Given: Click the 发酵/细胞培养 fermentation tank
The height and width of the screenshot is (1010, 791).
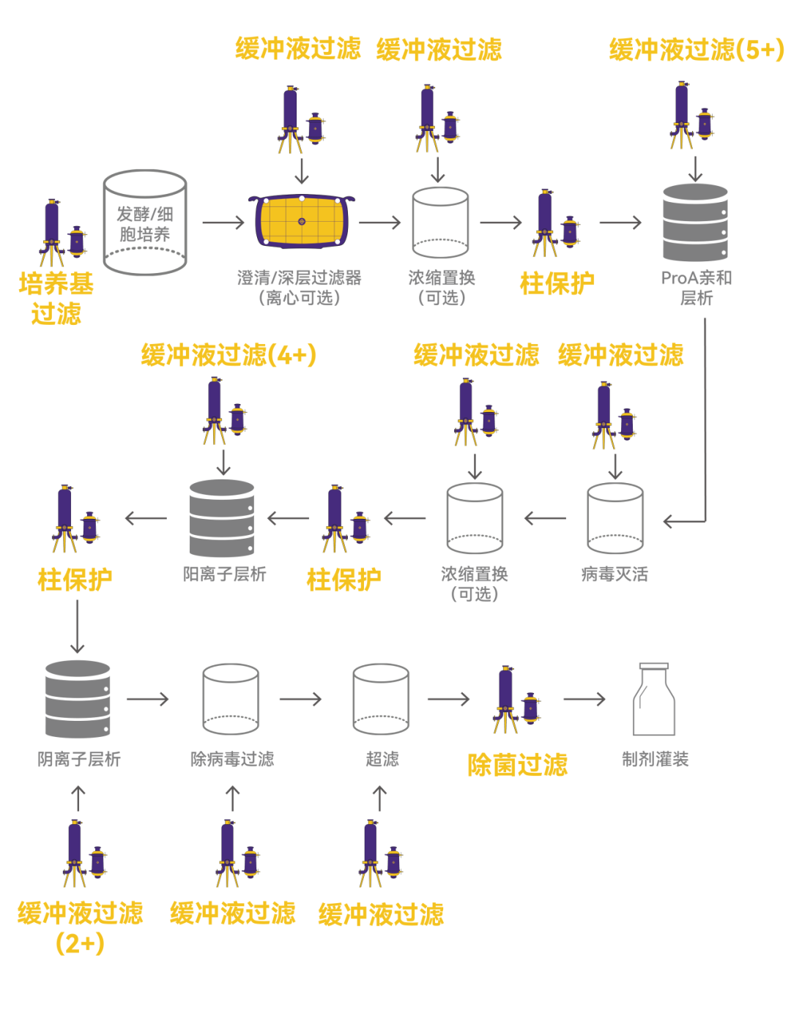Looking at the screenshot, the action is pyautogui.click(x=144, y=222).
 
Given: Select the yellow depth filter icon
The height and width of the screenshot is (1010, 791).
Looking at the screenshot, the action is pyautogui.click(x=301, y=221).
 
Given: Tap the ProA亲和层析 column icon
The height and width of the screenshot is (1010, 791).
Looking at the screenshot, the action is pyautogui.click(x=695, y=222).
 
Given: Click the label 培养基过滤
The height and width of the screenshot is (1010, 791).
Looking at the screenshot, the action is pyautogui.click(x=56, y=298).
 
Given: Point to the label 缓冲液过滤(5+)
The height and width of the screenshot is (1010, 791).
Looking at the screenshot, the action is pyautogui.click(x=696, y=49).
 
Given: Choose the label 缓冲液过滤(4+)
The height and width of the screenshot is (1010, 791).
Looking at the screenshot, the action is pyautogui.click(x=229, y=355).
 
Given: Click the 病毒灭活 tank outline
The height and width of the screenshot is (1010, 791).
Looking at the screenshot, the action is pyautogui.click(x=614, y=517).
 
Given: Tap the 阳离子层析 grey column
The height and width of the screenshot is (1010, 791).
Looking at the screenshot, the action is pyautogui.click(x=221, y=517).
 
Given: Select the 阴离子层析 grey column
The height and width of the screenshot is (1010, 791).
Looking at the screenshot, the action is pyautogui.click(x=77, y=699).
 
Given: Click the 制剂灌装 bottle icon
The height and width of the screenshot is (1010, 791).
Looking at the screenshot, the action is pyautogui.click(x=653, y=699).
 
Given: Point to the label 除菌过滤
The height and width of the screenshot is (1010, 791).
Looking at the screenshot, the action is pyautogui.click(x=517, y=765).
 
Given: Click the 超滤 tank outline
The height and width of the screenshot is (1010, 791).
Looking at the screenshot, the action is pyautogui.click(x=380, y=699).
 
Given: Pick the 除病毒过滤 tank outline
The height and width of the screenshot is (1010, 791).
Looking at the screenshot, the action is pyautogui.click(x=230, y=699).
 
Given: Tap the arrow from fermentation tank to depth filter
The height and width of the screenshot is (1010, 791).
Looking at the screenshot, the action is pyautogui.click(x=223, y=222).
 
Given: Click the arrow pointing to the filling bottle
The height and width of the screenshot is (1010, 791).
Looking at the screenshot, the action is pyautogui.click(x=584, y=699).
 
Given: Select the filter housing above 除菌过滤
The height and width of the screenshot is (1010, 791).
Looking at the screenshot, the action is pyautogui.click(x=516, y=699).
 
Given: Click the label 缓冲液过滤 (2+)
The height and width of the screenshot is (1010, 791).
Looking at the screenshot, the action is pyautogui.click(x=80, y=928).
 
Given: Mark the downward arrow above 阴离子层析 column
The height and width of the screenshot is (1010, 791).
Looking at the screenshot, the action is pyautogui.click(x=77, y=626).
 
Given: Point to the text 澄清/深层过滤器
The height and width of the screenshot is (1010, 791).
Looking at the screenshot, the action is pyautogui.click(x=299, y=278).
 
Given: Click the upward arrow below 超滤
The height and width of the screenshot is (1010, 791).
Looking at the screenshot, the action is pyautogui.click(x=380, y=798).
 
